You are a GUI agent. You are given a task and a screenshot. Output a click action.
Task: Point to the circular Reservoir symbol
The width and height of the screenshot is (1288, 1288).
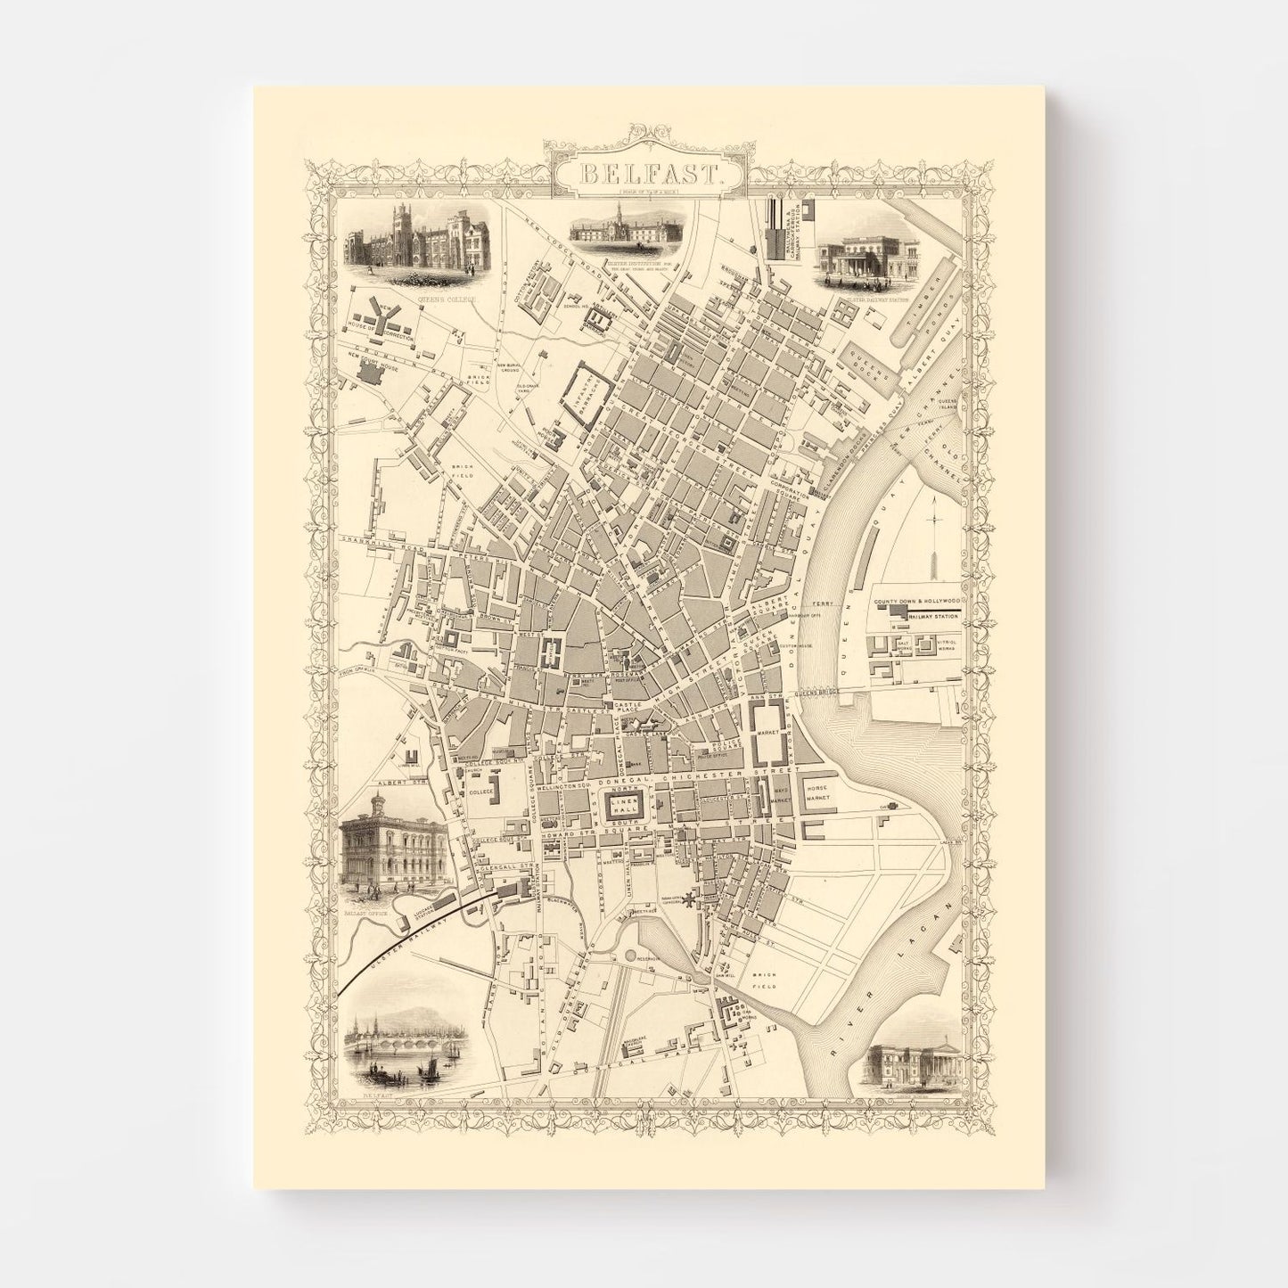point(632,956)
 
